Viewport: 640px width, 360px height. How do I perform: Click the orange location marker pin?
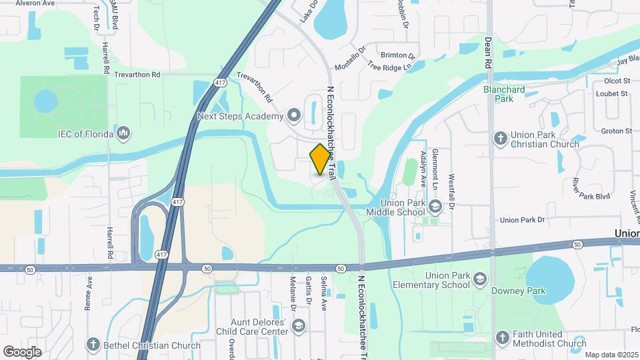(320, 159)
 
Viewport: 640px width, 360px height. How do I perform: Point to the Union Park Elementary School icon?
(480, 282)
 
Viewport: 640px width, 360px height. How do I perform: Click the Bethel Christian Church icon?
(93, 345)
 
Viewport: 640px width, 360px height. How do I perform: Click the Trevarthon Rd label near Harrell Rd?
(137, 75)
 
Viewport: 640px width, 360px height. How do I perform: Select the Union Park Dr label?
(522, 219)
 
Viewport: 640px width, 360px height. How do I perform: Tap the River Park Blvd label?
(590, 189)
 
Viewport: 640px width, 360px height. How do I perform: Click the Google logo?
(22, 351)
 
